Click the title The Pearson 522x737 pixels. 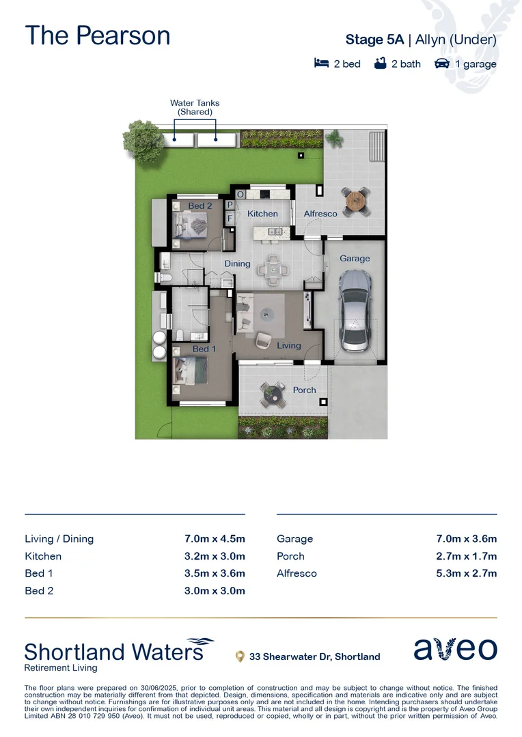[98, 35]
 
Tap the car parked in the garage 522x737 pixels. [355, 310]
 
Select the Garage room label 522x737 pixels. [355, 259]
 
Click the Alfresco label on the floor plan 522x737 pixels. [320, 214]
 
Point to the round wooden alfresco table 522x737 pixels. [356, 201]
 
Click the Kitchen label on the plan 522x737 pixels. [262, 214]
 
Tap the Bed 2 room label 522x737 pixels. [200, 205]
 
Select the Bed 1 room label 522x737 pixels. [204, 349]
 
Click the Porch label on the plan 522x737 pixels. [304, 390]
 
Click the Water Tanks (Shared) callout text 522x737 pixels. [195, 107]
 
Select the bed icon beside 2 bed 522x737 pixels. [321, 63]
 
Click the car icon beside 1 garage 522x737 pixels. [441, 63]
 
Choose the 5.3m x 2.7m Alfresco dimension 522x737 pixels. [467, 573]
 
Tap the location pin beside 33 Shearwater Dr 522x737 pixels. [240, 656]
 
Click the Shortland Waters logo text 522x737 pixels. [115, 652]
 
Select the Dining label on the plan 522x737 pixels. [237, 263]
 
